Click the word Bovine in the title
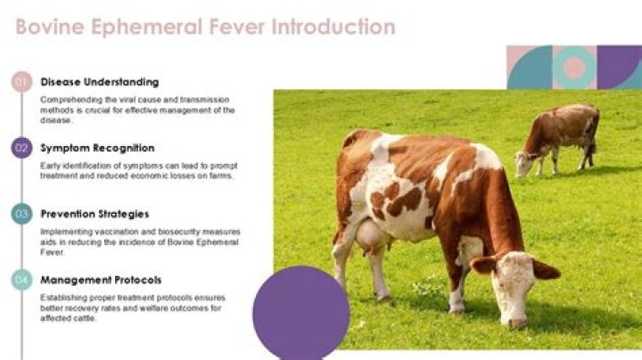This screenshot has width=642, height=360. [46, 27]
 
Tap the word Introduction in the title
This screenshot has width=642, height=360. [334, 27]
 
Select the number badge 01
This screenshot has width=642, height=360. [22, 82]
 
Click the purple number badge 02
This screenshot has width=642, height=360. [22, 148]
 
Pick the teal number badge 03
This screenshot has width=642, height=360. [22, 214]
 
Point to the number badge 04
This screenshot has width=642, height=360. [22, 280]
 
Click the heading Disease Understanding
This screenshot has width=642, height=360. [100, 82]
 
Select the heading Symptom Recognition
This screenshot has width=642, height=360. [97, 148]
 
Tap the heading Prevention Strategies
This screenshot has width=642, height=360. [95, 214]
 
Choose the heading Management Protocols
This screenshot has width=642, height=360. [101, 279]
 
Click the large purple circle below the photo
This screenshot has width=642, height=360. [301, 312]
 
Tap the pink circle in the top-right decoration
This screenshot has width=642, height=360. [574, 68]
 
